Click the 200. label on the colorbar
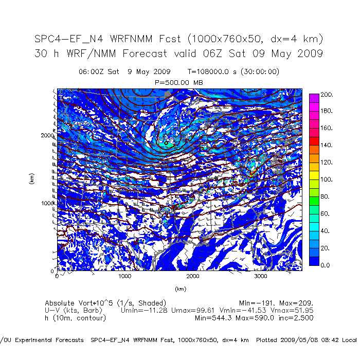(x=328, y=95)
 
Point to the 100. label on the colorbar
(x=328, y=179)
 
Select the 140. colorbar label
(x=328, y=146)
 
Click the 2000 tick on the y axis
(x=47, y=135)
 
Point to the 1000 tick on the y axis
(x=47, y=203)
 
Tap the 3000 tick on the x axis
(x=261, y=276)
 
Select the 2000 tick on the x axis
(x=193, y=276)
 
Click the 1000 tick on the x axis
(x=125, y=276)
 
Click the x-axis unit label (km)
(x=179, y=289)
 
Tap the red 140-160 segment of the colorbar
(x=313, y=141)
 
